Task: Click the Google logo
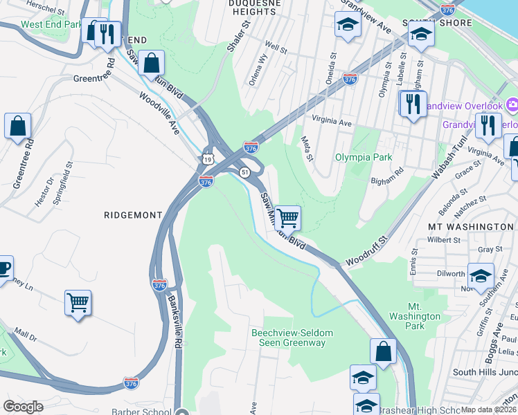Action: pos(23,407)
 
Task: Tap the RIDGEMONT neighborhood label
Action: pos(132,215)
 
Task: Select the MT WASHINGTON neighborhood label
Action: pos(470,227)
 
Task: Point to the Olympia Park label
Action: pos(364,158)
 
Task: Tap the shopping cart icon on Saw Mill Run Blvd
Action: pos(287,218)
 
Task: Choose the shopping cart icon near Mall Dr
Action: pos(78,302)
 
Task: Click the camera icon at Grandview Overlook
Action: pos(512,106)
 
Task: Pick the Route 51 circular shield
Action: pos(244,172)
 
